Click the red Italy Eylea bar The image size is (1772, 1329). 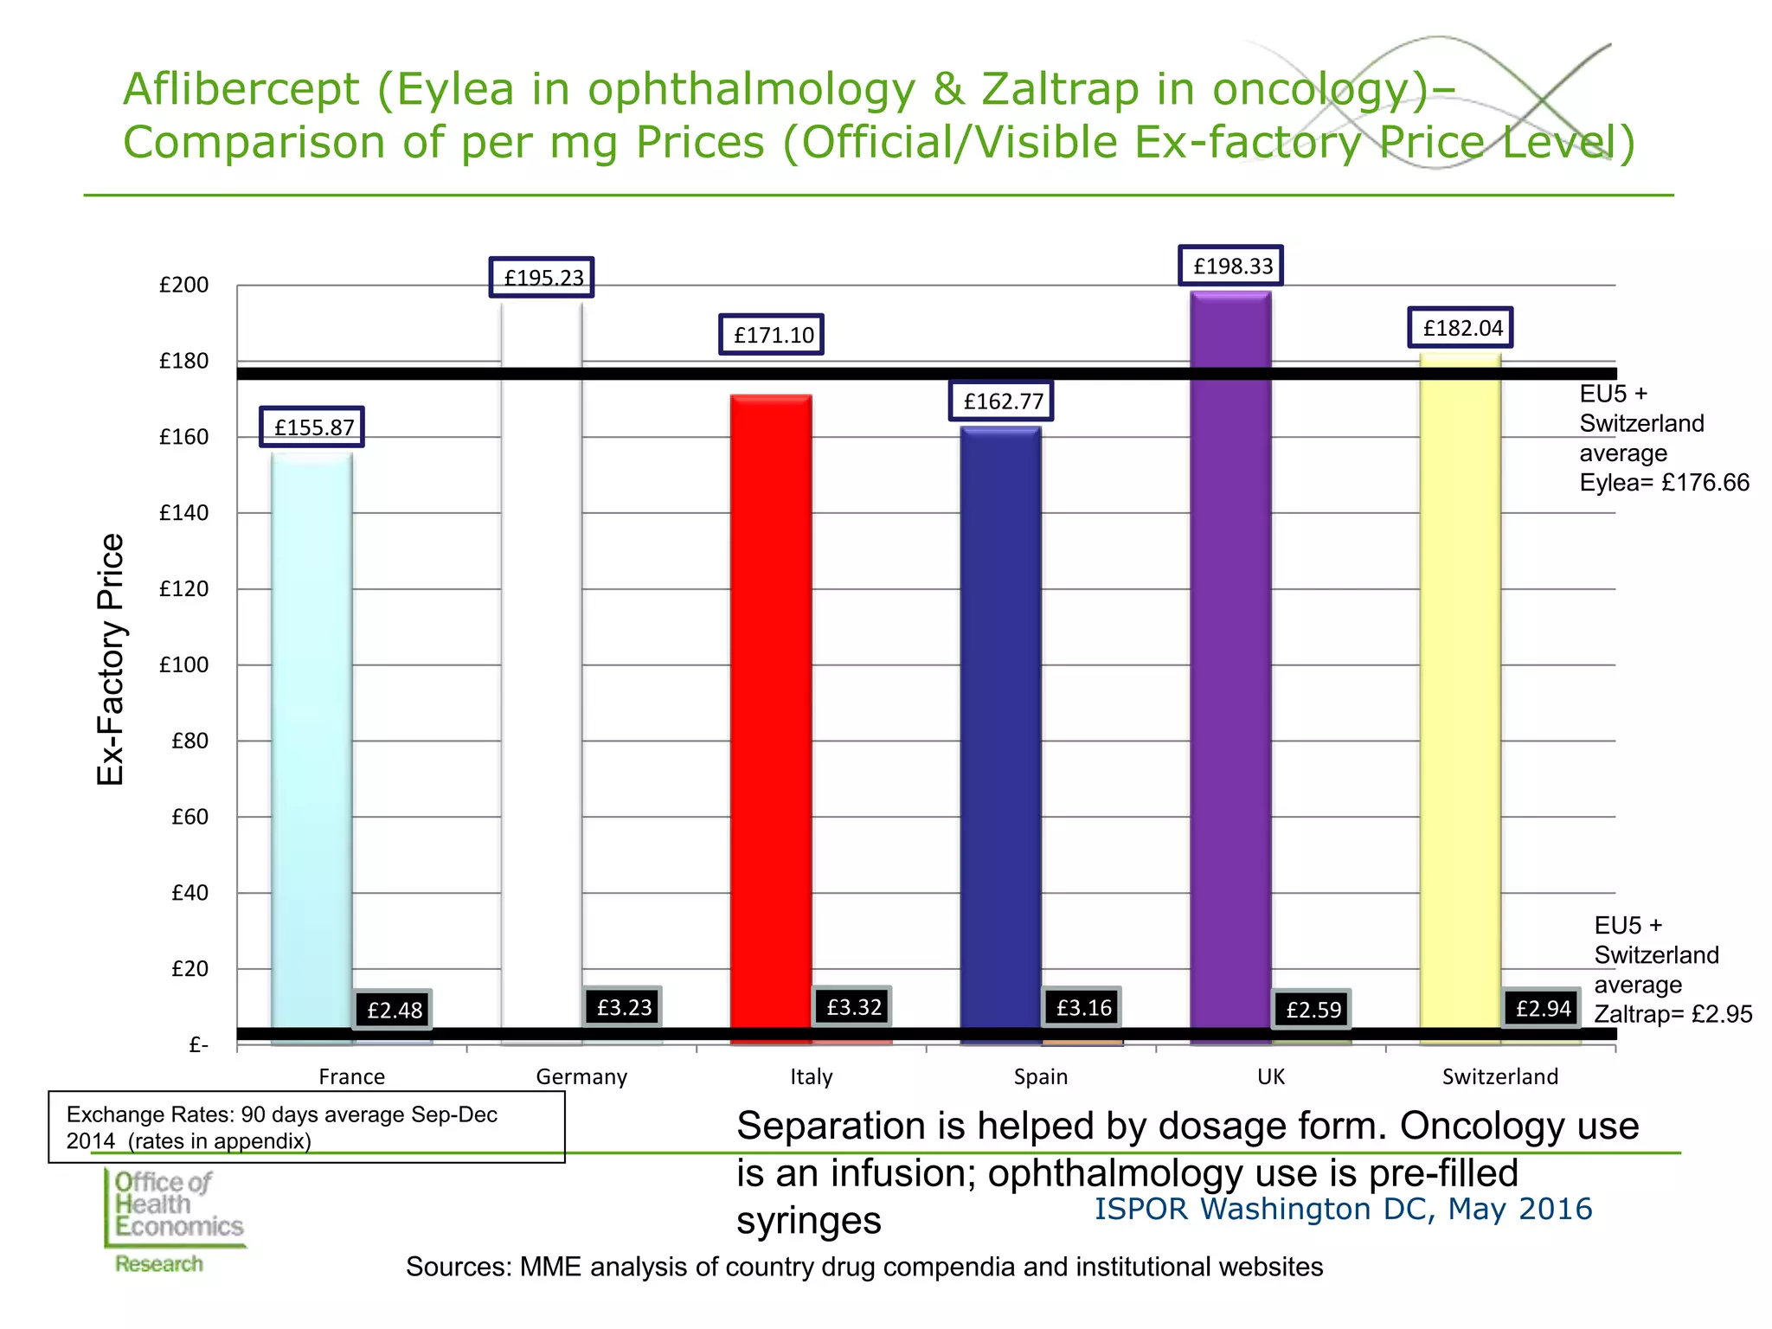(x=771, y=719)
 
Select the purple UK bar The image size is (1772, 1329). (x=1230, y=668)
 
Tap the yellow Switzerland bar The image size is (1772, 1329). (x=1461, y=698)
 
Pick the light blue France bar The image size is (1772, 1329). (x=311, y=748)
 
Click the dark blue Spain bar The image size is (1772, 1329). (x=1001, y=735)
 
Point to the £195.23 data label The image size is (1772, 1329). (x=543, y=278)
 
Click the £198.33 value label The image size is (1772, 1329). (x=1231, y=266)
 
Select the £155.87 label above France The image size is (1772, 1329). (x=312, y=427)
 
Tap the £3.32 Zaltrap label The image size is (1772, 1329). (x=853, y=1007)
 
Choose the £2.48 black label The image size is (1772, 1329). (x=394, y=1010)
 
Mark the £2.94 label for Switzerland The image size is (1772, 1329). (x=1543, y=1008)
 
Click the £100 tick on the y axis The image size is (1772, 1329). (x=184, y=664)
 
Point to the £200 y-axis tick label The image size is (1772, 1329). (x=184, y=285)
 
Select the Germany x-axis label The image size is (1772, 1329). (x=581, y=1077)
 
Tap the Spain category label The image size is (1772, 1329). (x=1041, y=1077)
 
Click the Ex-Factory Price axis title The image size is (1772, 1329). (x=111, y=659)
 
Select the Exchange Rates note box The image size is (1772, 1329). (x=306, y=1127)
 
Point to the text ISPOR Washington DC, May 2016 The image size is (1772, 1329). (x=1343, y=1209)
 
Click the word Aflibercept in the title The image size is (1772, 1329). (x=241, y=89)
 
